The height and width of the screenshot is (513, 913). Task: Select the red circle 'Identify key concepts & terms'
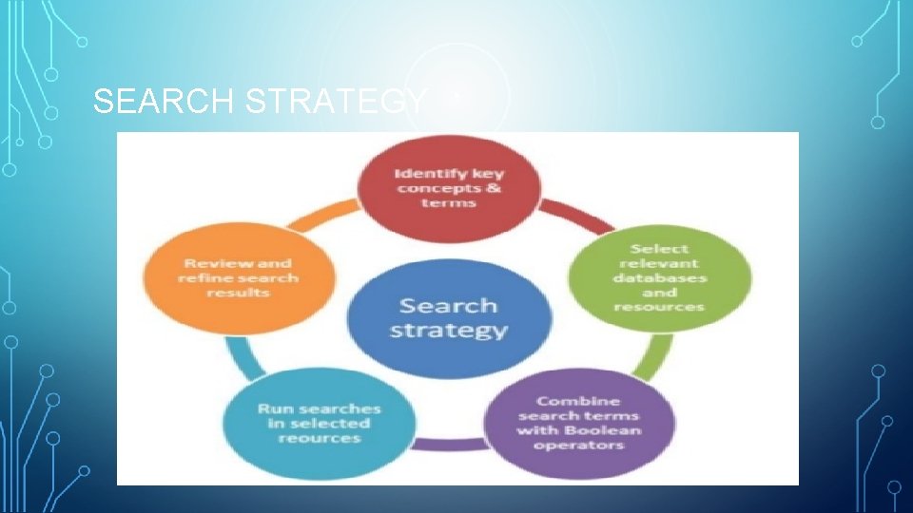coord(450,189)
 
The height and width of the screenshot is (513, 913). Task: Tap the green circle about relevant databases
coord(660,277)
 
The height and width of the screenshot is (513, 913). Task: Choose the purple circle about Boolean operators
coord(578,423)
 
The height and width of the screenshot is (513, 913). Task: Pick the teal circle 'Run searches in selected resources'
coord(320,423)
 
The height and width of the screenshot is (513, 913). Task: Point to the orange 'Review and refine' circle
coord(239,277)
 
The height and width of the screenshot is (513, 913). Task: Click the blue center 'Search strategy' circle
coord(449,317)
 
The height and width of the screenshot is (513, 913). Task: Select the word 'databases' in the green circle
coord(660,278)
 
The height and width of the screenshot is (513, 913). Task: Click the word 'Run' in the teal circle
coord(272,408)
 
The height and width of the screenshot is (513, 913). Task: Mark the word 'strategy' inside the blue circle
coord(449,331)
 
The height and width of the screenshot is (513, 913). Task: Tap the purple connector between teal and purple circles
coord(449,444)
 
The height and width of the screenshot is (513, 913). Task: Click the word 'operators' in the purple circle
coord(578,445)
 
